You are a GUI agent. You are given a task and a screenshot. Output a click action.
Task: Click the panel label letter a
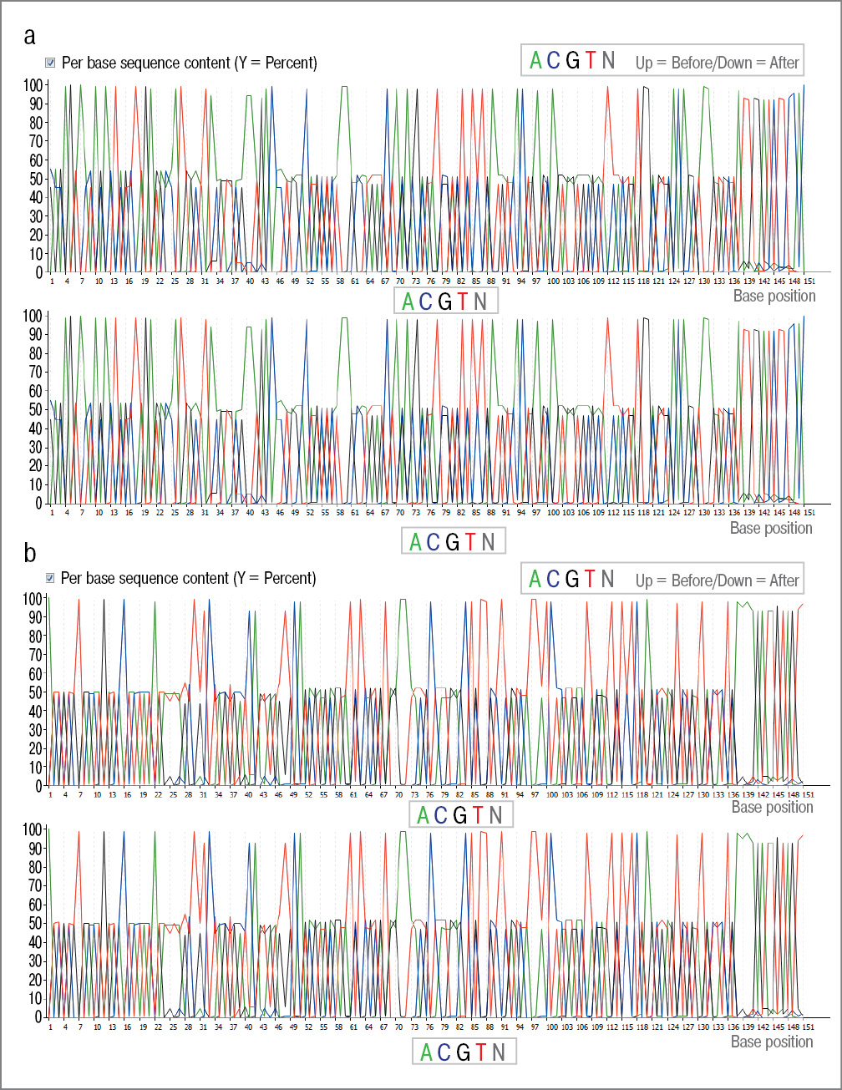tap(30, 36)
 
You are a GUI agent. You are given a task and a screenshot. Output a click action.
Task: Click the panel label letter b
tap(30, 553)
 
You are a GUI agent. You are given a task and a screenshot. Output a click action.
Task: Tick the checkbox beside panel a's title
tap(49, 63)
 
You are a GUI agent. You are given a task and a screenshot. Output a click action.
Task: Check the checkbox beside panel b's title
tap(49, 578)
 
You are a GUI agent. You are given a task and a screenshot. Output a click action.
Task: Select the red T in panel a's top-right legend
tap(591, 61)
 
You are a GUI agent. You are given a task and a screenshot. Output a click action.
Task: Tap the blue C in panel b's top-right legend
tap(553, 579)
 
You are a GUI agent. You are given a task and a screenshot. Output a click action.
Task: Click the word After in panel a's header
tap(784, 63)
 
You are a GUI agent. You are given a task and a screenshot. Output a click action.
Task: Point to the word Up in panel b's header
tap(644, 580)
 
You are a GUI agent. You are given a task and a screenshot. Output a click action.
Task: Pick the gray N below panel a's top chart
tap(480, 302)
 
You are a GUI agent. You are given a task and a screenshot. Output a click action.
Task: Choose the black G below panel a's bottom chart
tap(452, 542)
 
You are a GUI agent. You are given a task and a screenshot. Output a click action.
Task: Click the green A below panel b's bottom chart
tap(426, 1052)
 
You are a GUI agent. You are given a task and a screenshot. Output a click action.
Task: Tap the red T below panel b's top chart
tap(478, 815)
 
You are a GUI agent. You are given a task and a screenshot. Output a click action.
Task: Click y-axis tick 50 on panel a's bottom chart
tap(35, 409)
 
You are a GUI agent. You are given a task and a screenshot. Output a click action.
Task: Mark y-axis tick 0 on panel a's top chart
tap(38, 272)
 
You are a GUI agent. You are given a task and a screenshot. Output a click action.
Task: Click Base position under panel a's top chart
tap(774, 296)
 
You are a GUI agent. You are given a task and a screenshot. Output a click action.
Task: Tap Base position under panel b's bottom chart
tap(772, 1042)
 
